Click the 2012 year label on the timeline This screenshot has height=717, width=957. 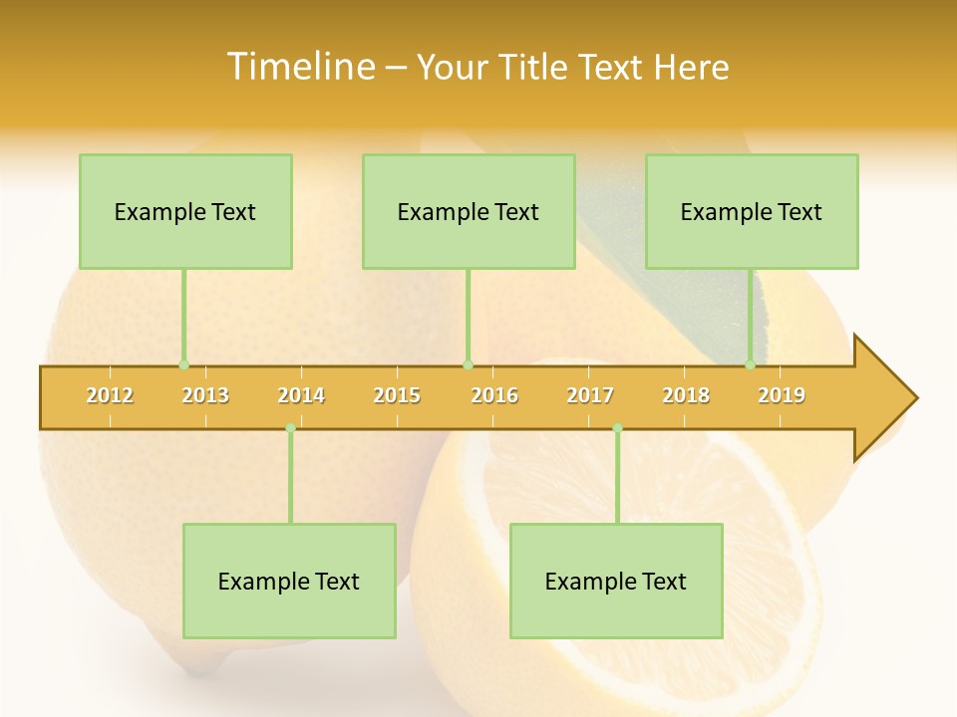click(x=110, y=395)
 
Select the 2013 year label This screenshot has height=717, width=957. click(x=205, y=395)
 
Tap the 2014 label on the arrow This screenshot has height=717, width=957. click(x=301, y=395)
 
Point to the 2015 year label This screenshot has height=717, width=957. click(x=397, y=395)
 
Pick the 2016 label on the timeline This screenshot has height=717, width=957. click(x=494, y=395)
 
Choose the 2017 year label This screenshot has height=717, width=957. click(x=590, y=395)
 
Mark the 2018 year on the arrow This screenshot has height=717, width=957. click(x=686, y=395)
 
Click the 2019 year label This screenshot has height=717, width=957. click(x=782, y=395)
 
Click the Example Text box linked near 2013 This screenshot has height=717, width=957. click(x=185, y=211)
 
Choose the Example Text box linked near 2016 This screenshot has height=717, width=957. click(x=469, y=211)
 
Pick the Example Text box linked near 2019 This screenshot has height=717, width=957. click(x=752, y=211)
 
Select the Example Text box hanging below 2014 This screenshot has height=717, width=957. click(x=289, y=581)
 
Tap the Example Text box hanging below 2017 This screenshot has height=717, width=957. click(x=616, y=581)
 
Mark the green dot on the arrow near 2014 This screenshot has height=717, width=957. click(x=290, y=428)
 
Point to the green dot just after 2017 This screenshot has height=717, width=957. click(x=617, y=428)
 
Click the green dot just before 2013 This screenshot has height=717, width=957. click(x=183, y=365)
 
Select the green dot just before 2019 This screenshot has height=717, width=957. click(x=751, y=365)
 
